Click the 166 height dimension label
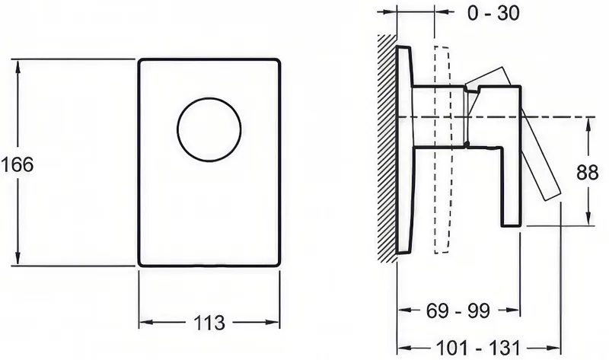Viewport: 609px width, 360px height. pyautogui.click(x=17, y=164)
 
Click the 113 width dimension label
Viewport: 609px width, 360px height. pyautogui.click(x=209, y=323)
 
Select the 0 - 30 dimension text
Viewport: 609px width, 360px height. pyautogui.click(x=493, y=13)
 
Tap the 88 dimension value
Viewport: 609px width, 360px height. pyautogui.click(x=587, y=172)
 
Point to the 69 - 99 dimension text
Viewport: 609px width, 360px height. pyautogui.click(x=458, y=311)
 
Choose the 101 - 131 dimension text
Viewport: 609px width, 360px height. pyautogui.click(x=478, y=348)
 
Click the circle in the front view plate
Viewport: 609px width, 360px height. pyautogui.click(x=209, y=98)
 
